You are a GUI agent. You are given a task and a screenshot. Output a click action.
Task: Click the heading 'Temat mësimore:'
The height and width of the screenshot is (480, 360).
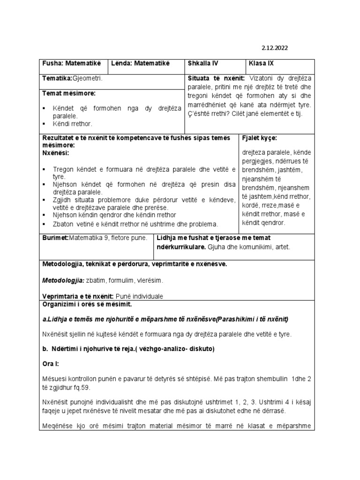click(69, 94)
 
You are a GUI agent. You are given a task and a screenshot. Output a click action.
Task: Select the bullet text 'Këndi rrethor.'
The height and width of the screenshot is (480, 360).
click(75, 124)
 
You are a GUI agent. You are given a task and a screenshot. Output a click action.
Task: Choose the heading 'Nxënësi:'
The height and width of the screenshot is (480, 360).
click(56, 153)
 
